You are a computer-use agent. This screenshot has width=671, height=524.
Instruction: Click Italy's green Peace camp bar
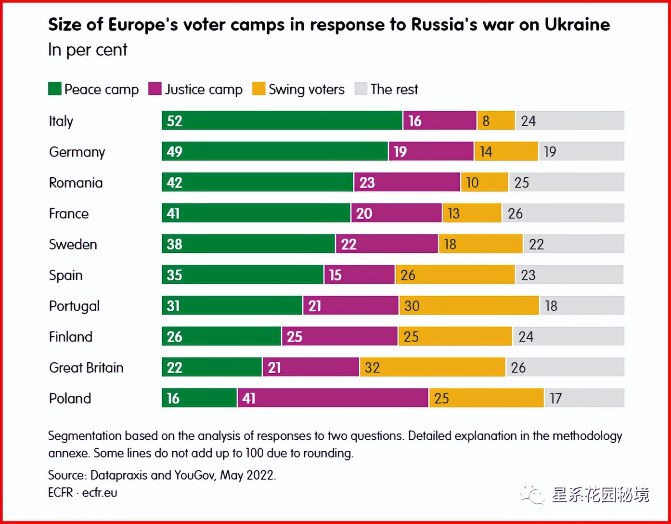coord(282,120)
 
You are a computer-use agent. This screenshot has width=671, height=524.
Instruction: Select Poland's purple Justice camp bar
coord(333,398)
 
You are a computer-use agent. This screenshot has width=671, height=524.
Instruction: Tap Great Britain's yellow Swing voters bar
coord(432,367)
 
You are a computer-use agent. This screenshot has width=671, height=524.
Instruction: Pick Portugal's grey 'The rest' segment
coord(582,305)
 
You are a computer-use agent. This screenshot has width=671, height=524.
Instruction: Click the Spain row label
coord(66,275)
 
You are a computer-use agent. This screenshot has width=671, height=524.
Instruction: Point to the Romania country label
coord(76,183)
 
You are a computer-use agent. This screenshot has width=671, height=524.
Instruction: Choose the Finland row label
coord(71,337)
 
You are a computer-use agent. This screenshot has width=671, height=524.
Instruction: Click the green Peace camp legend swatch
coord(55,89)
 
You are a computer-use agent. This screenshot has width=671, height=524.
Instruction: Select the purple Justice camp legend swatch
coord(155,89)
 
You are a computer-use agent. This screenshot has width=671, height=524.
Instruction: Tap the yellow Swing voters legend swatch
coord(259,89)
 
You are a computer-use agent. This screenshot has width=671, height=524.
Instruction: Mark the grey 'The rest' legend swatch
coord(361,89)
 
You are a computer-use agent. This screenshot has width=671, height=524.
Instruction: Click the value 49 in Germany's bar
coord(174,152)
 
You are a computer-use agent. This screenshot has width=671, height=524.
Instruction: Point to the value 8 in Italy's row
coord(486,121)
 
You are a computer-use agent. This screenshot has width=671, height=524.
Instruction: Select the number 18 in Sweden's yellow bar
coord(450,244)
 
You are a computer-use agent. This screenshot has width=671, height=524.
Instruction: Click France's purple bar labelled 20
coord(396,213)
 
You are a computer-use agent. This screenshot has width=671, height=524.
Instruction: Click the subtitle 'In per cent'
coord(88,50)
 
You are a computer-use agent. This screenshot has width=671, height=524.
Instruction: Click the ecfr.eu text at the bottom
coord(100,493)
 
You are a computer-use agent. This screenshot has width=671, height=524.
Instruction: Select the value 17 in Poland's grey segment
coord(556,398)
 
